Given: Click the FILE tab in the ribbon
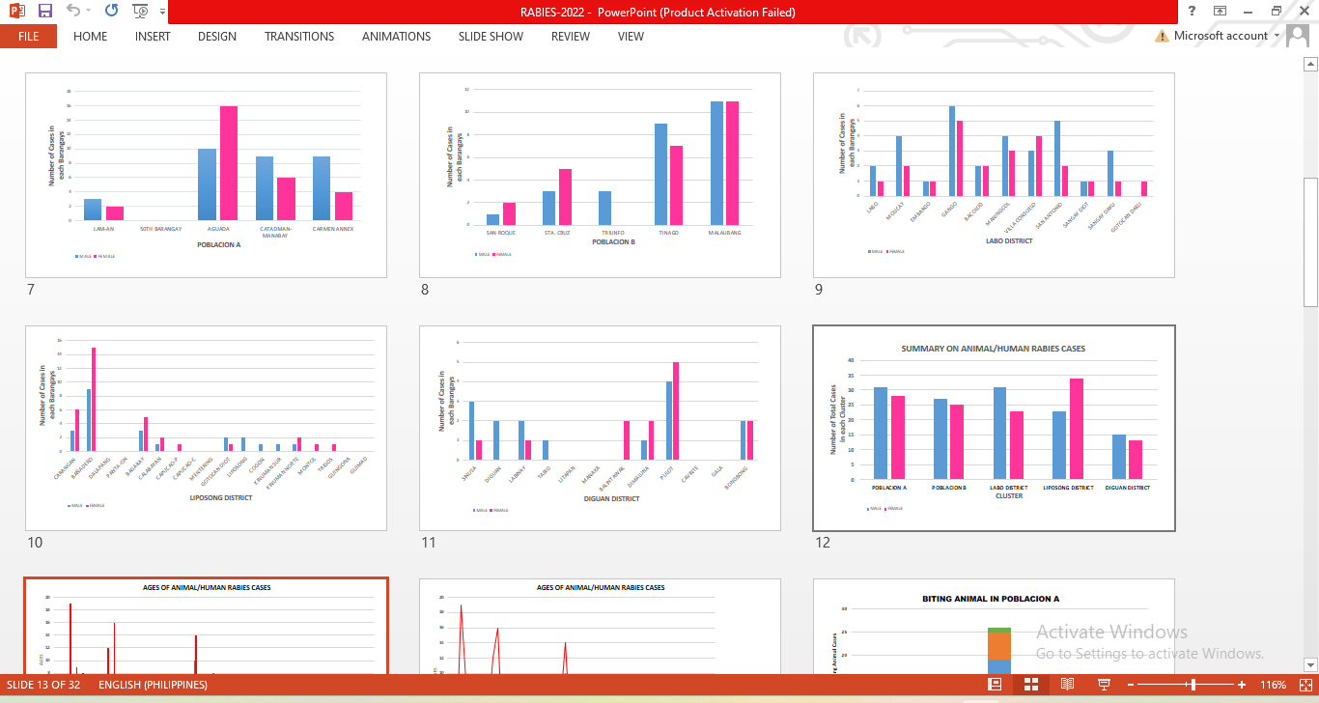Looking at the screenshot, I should (28, 37).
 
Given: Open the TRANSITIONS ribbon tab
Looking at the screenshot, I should (299, 37).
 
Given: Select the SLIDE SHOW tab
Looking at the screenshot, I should (491, 37).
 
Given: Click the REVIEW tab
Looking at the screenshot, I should (570, 37).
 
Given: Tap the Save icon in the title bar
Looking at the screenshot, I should (45, 12).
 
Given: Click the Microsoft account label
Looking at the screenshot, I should (1221, 36).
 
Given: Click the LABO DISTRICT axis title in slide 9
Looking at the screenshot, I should (1009, 241).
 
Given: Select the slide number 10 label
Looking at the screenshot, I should (35, 543).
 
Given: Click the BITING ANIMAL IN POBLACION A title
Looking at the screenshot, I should (991, 599).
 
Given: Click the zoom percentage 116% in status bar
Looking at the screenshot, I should (1273, 685).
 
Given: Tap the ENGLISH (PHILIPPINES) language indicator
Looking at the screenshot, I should (153, 685).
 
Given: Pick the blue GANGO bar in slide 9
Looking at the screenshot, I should (952, 151).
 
